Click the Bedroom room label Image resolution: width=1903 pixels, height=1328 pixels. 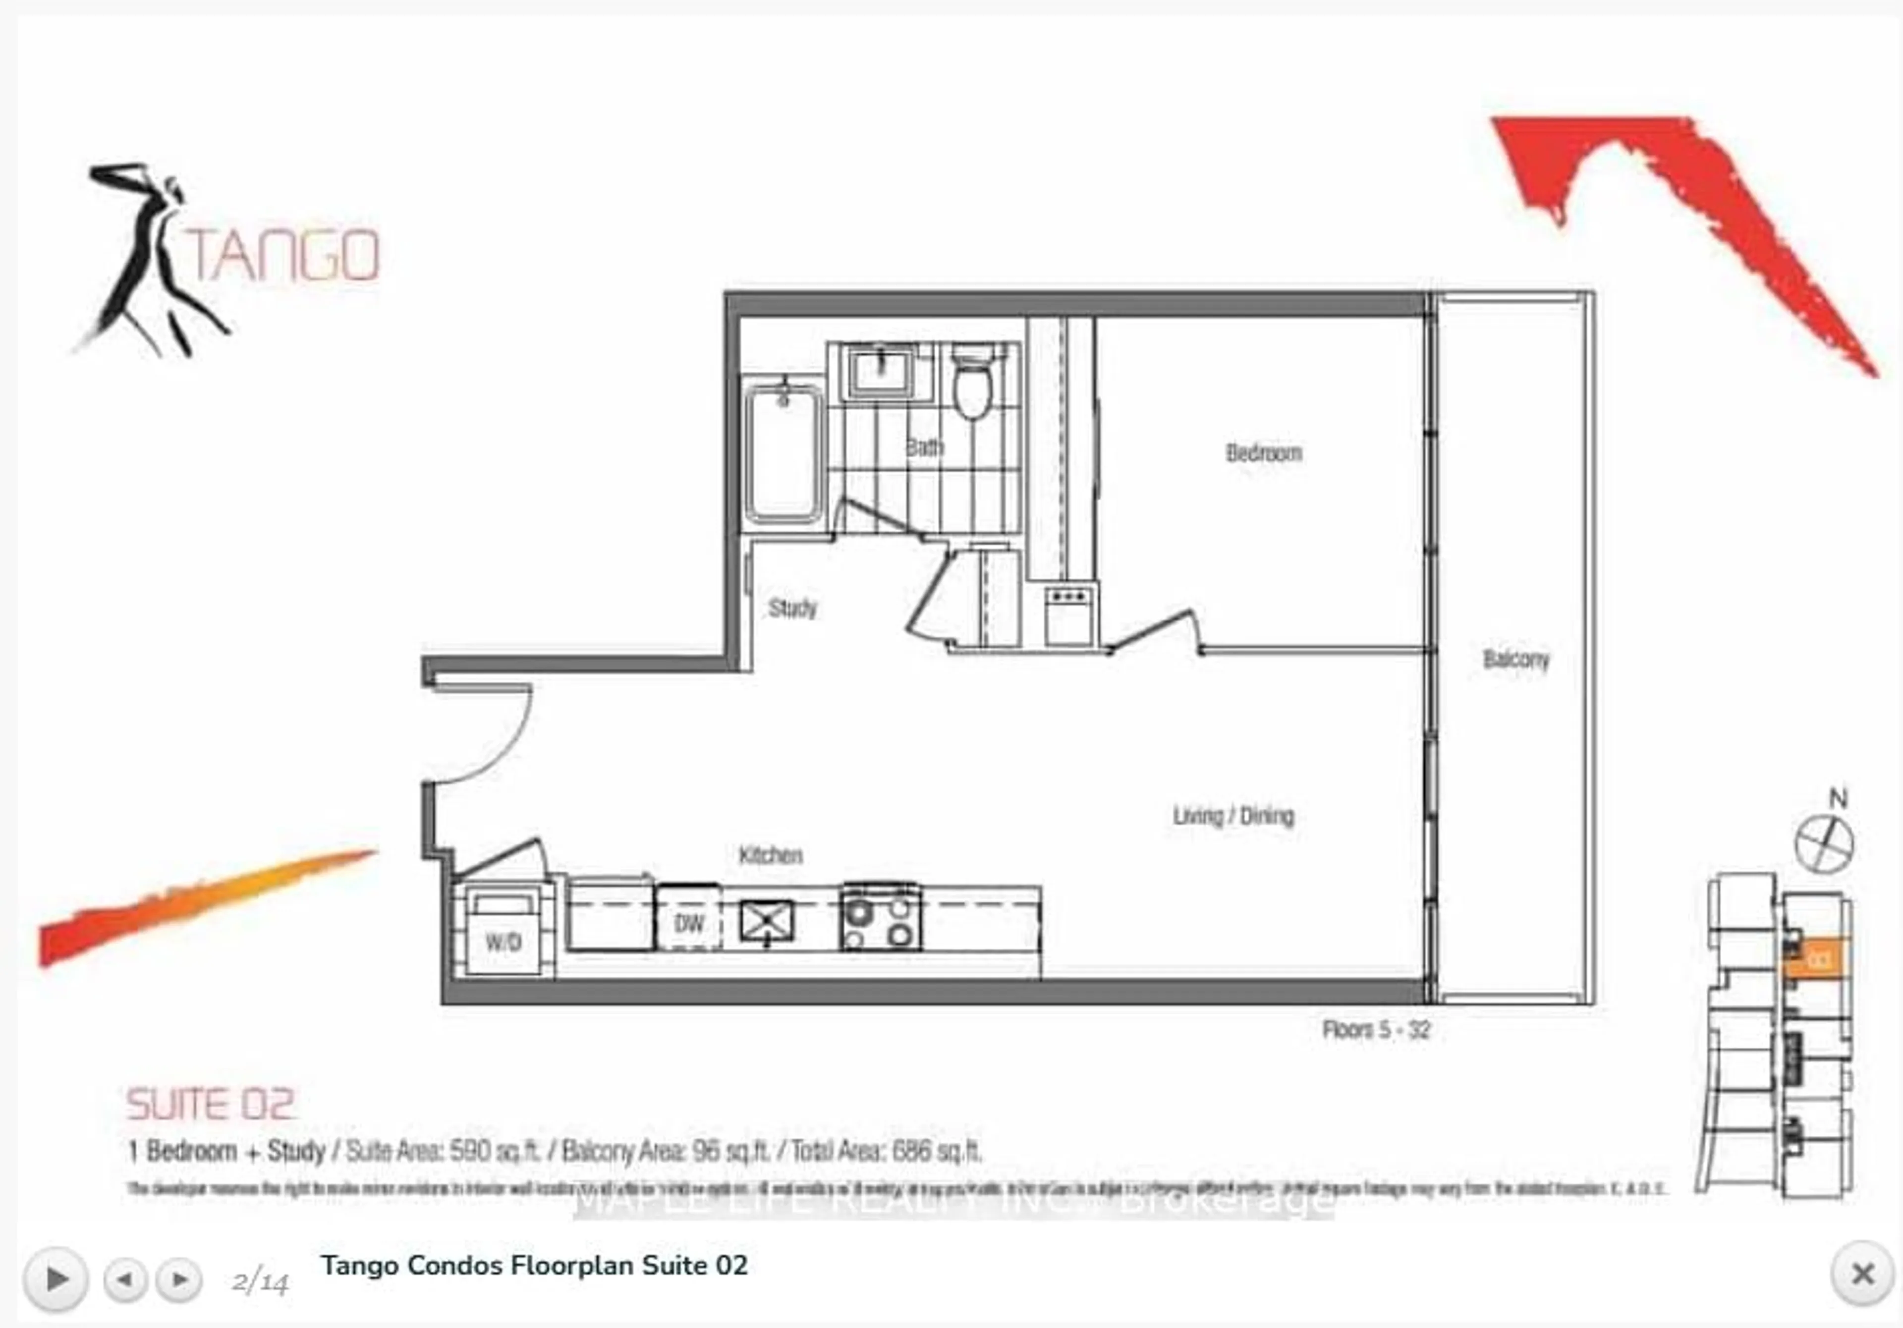pyautogui.click(x=1263, y=452)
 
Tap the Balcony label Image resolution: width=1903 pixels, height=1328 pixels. pyautogui.click(x=1516, y=659)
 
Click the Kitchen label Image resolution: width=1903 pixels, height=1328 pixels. pyautogui.click(x=770, y=855)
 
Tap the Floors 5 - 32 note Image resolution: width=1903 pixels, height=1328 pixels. pyautogui.click(x=1376, y=1030)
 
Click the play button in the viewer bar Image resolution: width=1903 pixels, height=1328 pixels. pyautogui.click(x=56, y=1279)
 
